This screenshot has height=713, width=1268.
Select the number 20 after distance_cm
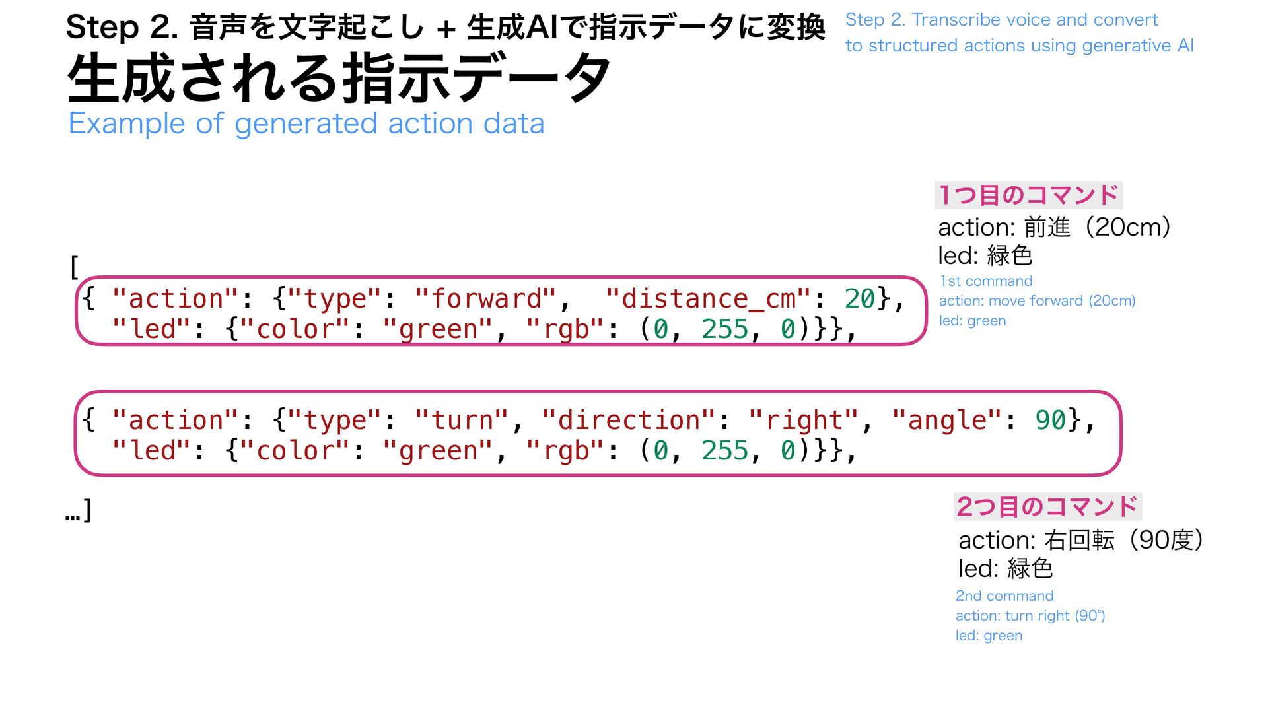coord(859,299)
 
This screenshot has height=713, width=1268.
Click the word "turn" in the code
coord(462,421)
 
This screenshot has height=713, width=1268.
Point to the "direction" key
coord(629,421)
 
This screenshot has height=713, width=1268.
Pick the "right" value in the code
coord(804,421)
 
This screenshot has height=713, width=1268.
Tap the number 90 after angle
coord(1050,421)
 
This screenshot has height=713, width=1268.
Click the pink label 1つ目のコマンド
coord(1028,195)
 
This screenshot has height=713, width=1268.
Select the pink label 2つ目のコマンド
coord(1047,507)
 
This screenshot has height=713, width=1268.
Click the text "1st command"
coord(985,281)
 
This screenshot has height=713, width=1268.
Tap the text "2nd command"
coord(1004,596)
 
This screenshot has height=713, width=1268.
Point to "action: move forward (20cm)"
coord(1037,301)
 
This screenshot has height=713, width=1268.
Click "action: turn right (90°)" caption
coord(1030,616)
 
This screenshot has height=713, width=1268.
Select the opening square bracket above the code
coord(74,268)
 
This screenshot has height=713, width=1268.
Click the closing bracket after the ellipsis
coord(87,510)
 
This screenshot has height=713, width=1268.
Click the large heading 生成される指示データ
coord(338,79)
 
